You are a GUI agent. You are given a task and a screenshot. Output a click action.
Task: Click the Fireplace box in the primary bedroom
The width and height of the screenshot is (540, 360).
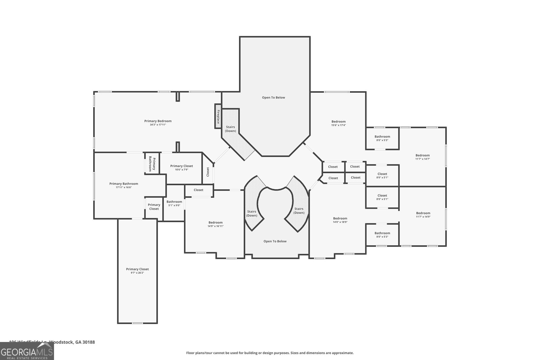(218, 116)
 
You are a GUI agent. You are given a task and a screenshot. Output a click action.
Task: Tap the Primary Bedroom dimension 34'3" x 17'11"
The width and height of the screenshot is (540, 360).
(158, 125)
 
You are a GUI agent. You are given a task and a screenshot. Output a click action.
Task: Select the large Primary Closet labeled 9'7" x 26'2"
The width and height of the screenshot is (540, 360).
(137, 271)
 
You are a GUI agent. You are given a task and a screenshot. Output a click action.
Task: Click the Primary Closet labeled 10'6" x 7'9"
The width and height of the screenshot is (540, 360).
(182, 168)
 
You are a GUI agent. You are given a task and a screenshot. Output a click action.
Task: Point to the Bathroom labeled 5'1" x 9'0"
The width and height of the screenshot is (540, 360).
(174, 203)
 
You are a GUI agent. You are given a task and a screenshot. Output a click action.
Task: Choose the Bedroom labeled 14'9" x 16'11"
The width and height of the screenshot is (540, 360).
(215, 224)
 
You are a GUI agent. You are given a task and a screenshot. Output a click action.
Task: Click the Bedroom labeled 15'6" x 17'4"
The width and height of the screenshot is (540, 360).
(338, 123)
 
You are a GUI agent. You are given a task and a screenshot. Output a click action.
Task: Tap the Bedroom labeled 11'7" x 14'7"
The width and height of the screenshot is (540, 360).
(423, 157)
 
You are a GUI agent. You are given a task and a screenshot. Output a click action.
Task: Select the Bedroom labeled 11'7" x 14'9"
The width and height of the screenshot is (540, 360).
(423, 215)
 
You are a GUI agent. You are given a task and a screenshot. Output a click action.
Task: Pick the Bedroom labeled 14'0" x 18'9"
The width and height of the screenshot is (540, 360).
(340, 220)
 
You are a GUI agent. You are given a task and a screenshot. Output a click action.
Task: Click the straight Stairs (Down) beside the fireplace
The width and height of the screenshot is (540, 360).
(231, 129)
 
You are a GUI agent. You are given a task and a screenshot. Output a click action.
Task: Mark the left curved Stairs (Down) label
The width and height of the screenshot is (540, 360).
(252, 214)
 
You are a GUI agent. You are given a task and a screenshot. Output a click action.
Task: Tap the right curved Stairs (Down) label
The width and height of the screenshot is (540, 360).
(299, 211)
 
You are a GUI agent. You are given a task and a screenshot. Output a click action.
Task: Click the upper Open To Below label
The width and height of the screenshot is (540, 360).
(273, 98)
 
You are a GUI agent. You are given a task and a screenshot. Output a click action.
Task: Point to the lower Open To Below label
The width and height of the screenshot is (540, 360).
(275, 241)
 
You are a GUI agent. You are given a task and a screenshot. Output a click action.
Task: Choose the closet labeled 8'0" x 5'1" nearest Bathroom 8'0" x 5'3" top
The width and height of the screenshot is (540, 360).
(382, 175)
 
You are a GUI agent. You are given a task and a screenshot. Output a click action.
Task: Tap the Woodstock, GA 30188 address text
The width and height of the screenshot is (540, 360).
(72, 342)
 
